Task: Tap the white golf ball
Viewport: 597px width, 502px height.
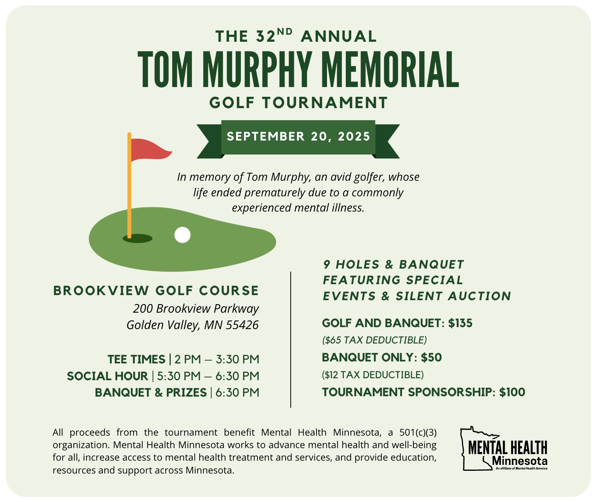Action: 182,235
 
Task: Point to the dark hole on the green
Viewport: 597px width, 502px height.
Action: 138,239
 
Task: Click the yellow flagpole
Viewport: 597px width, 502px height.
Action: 129,187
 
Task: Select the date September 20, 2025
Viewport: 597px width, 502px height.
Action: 298,137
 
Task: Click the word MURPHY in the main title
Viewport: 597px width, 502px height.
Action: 257,70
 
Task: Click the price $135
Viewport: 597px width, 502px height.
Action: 460,323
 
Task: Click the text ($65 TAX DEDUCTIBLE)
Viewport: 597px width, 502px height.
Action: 374,340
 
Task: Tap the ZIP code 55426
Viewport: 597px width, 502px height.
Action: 242,325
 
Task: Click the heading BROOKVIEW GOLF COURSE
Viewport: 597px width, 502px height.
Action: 156,291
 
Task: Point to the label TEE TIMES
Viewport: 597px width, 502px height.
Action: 136,359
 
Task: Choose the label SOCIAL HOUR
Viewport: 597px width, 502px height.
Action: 107,376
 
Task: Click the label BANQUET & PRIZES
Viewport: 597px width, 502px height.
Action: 151,392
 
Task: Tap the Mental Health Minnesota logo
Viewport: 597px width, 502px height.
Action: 504,449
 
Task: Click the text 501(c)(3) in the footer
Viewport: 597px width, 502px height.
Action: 418,433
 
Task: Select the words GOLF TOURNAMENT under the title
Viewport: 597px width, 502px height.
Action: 298,103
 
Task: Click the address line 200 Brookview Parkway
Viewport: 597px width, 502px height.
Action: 196,309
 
